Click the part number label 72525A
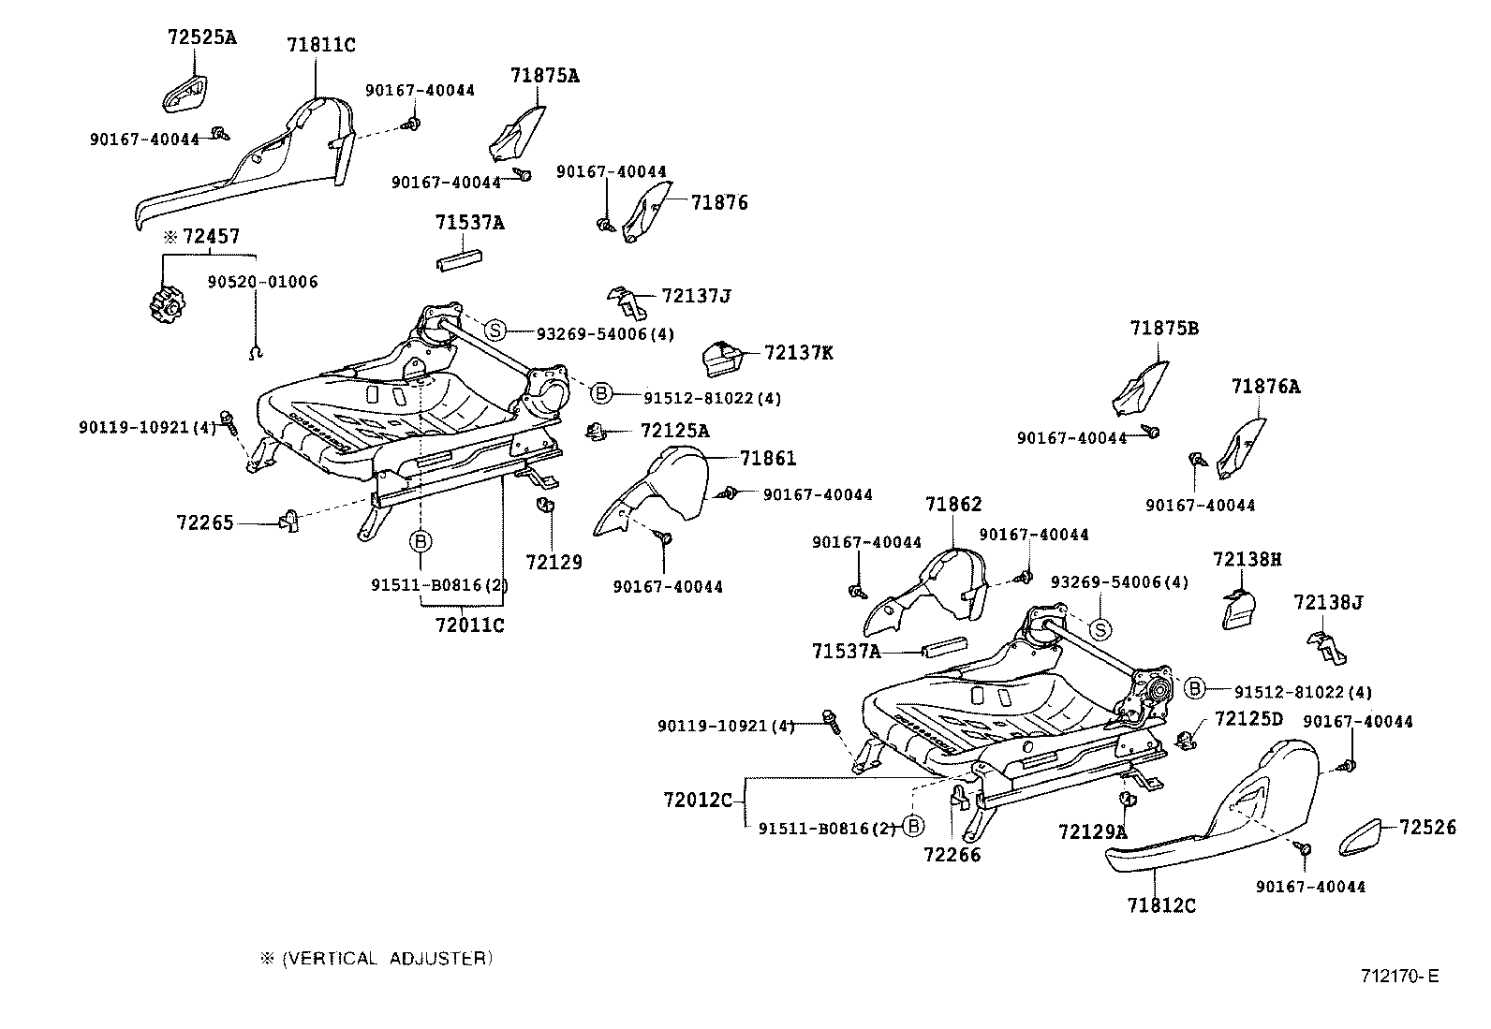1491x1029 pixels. point(201,37)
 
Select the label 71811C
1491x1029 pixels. point(320,44)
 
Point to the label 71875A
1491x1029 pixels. point(545,76)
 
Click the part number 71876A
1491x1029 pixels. point(1265,386)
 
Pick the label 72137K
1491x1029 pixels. point(798,353)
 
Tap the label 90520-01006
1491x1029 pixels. point(262,282)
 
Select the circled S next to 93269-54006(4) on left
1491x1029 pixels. point(495,330)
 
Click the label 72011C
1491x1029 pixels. point(469,625)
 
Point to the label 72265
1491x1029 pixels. point(204,522)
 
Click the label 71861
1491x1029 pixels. point(767,458)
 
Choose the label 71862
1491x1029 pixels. point(953,505)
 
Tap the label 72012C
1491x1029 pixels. point(697,801)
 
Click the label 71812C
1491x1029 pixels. point(1161,905)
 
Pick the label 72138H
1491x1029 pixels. point(1247,559)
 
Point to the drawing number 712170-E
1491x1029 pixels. point(1399,977)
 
